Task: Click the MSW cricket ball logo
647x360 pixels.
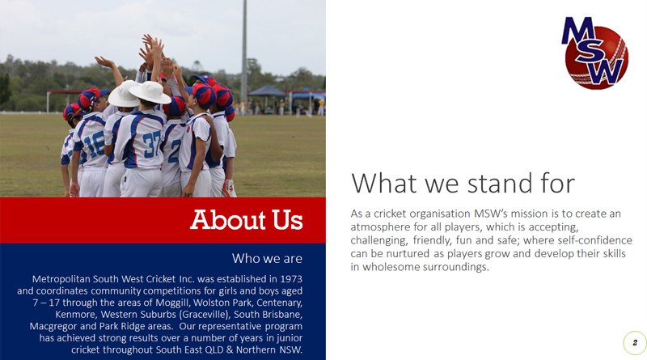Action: (x=594, y=53)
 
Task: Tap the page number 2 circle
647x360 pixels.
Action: (x=635, y=343)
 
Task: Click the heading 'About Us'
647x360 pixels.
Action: (x=247, y=219)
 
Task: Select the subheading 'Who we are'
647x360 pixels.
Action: (x=267, y=258)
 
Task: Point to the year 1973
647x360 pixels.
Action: (x=291, y=279)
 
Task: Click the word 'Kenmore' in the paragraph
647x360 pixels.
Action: (x=75, y=315)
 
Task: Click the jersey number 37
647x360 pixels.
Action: (x=152, y=143)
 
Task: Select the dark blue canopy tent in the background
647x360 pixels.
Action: (x=268, y=91)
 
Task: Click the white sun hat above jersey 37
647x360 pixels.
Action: (x=150, y=92)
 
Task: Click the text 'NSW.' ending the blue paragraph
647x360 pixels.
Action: (x=291, y=350)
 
